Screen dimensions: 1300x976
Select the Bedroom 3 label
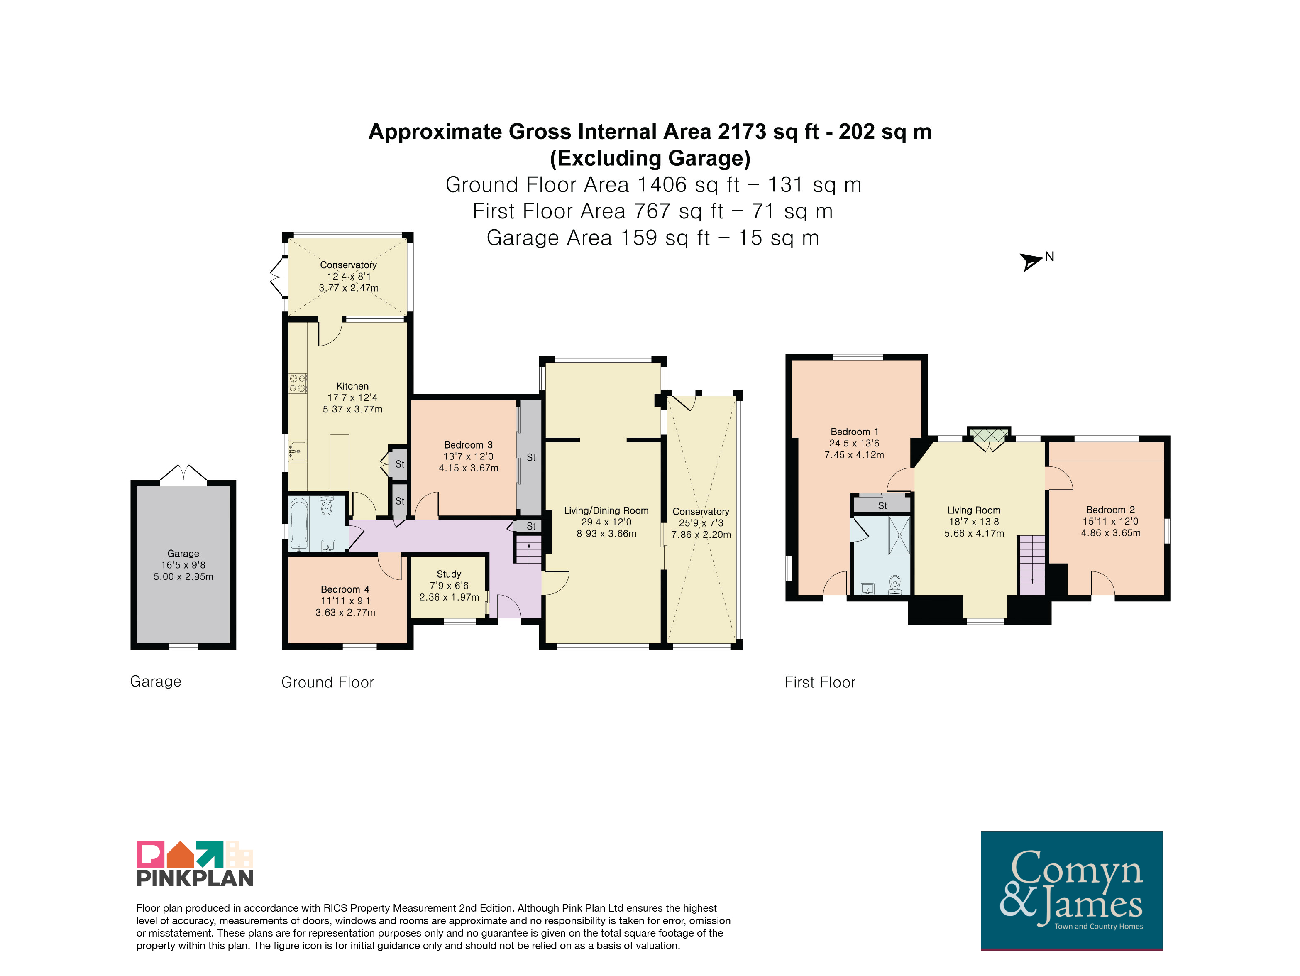(468, 445)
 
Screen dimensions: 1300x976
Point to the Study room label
(449, 574)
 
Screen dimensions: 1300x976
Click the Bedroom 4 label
(345, 589)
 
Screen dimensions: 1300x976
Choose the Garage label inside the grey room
(183, 553)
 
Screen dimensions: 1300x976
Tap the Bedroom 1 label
(855, 432)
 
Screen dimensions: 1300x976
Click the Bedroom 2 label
(1111, 510)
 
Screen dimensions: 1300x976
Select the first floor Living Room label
(974, 510)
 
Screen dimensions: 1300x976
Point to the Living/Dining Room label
(606, 510)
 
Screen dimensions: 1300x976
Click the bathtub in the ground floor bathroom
(299, 524)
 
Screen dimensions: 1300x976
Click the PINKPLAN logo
(195, 863)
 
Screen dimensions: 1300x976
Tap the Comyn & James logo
(1071, 890)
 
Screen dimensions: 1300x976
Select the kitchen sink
(297, 451)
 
